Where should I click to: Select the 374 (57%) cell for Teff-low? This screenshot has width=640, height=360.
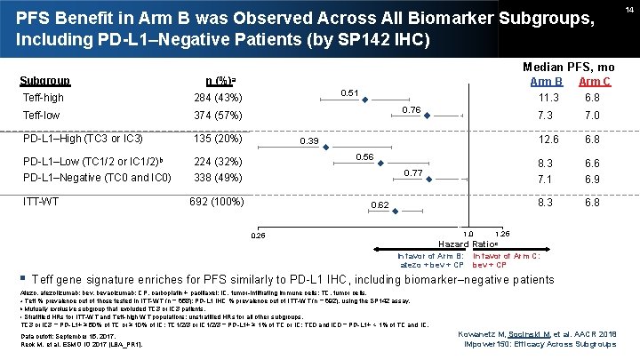[x=219, y=116]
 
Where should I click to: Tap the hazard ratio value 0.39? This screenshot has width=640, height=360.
[x=310, y=141]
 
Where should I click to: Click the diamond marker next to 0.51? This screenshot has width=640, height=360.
[x=364, y=100]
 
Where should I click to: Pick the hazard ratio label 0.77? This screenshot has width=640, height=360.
[x=414, y=172]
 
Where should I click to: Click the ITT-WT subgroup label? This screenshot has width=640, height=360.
[x=39, y=202]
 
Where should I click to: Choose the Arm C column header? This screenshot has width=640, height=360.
[x=595, y=82]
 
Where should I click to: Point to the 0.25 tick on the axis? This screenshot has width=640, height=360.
[x=258, y=236]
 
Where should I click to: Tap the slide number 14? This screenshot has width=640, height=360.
[x=628, y=8]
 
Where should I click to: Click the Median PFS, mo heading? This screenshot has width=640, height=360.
[x=569, y=67]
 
